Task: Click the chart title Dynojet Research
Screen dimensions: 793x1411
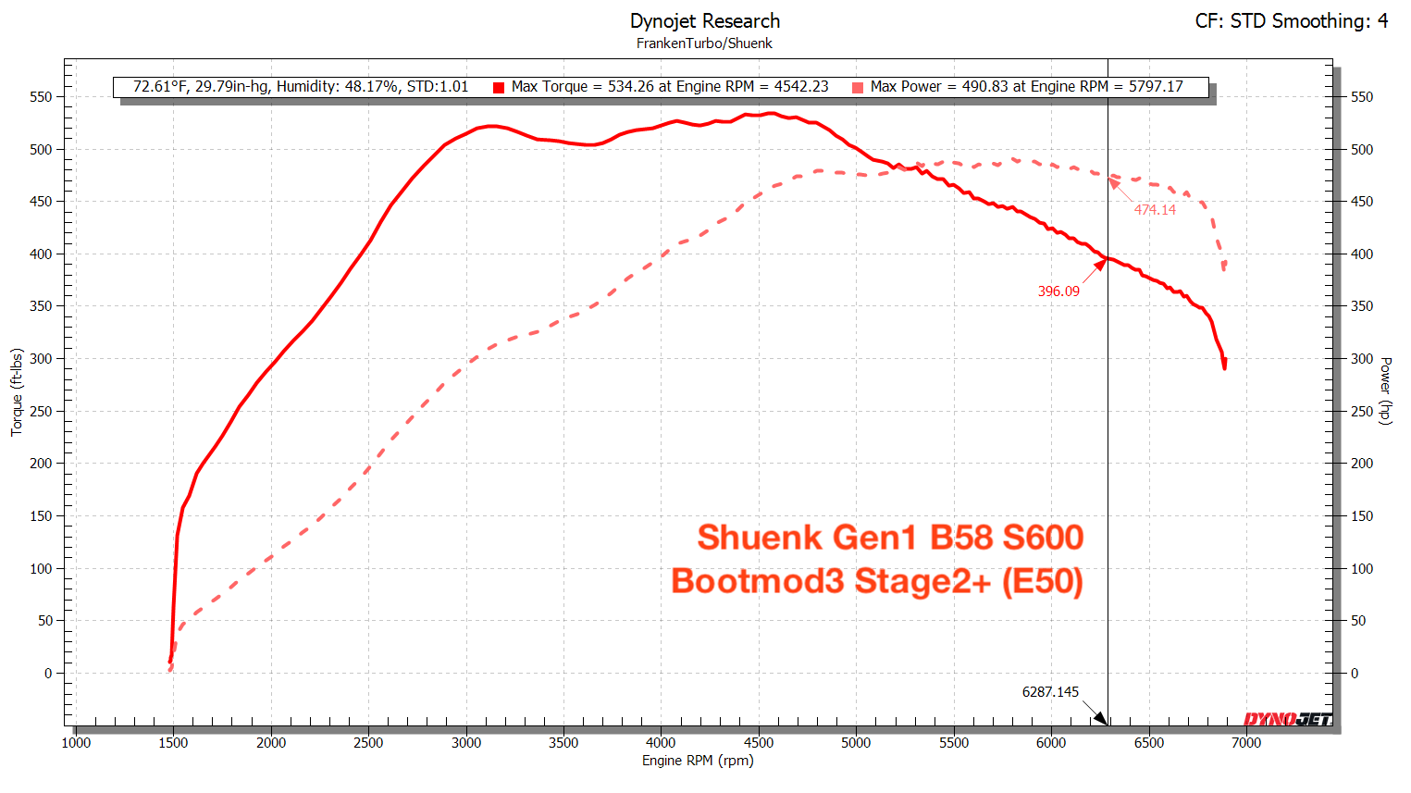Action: pos(704,21)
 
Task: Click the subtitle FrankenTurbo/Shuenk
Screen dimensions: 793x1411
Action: pos(704,43)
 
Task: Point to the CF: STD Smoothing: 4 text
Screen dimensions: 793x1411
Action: pos(1291,21)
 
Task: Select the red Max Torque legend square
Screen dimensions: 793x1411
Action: pos(499,88)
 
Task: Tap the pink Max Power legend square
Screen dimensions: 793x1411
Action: pos(858,88)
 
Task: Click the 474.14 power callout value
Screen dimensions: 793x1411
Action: pos(1155,210)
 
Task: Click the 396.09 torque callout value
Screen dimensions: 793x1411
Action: pos(1058,291)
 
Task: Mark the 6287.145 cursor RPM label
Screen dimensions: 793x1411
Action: pos(1050,692)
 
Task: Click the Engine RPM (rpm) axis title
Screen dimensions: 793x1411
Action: pos(698,761)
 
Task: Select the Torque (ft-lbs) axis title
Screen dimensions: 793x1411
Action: pos(17,392)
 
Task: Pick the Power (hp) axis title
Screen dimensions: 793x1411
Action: pos(1385,390)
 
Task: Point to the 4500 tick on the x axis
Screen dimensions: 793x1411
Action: pos(759,742)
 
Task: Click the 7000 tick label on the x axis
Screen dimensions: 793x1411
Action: pos(1246,742)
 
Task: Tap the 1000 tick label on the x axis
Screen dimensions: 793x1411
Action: pos(76,742)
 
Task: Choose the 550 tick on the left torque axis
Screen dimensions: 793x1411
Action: pos(41,97)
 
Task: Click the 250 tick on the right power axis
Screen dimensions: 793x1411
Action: pos(1362,411)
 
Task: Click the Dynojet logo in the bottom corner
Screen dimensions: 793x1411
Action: pos(1287,719)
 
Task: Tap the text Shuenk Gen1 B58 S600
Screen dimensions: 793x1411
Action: pos(890,538)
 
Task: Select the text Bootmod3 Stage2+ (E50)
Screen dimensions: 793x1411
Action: pos(877,582)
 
